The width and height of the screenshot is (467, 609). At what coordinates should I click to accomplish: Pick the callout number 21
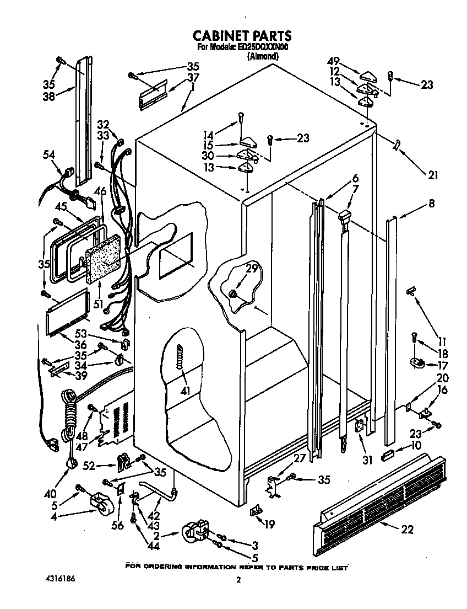[x=433, y=175]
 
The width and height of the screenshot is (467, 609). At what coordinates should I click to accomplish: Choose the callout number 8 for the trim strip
[x=431, y=204]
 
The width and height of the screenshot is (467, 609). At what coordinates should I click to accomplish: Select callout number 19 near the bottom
[x=269, y=525]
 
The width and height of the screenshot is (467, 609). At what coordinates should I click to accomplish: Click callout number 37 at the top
[x=192, y=77]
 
